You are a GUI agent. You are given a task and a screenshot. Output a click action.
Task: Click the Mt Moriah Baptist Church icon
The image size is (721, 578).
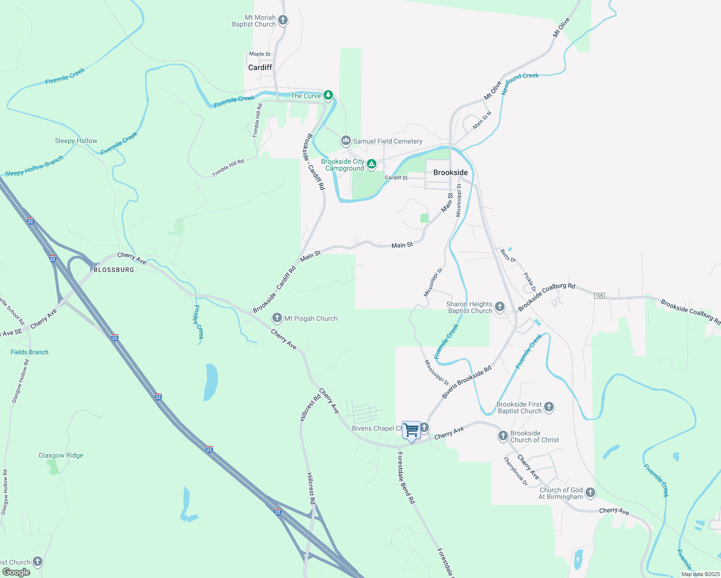(283, 20)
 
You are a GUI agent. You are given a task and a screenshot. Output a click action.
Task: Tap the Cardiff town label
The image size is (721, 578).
(260, 67)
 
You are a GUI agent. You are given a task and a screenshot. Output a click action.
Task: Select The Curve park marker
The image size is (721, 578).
(328, 95)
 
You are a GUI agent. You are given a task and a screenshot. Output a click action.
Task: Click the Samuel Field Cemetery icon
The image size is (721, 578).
(346, 141)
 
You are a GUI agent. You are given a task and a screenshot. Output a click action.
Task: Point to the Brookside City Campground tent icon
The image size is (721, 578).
(372, 164)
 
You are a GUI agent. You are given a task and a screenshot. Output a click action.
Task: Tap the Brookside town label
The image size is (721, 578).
(450, 172)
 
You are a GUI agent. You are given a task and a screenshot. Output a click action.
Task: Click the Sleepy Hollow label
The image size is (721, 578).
(76, 141)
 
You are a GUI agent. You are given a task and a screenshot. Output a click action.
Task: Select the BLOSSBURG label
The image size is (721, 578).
(114, 270)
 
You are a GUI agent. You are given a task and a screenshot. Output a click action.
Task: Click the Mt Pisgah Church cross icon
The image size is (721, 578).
(277, 318)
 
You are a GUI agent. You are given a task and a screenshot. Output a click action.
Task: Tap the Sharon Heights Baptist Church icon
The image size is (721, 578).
(500, 306)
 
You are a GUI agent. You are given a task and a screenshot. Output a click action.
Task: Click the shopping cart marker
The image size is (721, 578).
(411, 430)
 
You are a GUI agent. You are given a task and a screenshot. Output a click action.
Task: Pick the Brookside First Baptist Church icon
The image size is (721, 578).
(549, 407)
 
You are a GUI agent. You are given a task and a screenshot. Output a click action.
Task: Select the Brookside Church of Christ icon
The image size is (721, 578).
(503, 436)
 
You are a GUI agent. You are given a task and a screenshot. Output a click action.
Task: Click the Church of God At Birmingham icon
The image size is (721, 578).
(590, 493)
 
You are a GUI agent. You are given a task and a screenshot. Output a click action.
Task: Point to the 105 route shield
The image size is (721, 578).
(599, 295)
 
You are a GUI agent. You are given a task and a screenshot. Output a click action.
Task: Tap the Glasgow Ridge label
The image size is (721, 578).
(61, 455)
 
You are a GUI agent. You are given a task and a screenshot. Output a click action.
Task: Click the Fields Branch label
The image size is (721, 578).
(29, 352)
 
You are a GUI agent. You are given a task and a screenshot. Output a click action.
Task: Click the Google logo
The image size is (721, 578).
(16, 572)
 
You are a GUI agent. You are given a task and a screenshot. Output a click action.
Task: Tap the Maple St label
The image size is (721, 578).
(260, 54)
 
